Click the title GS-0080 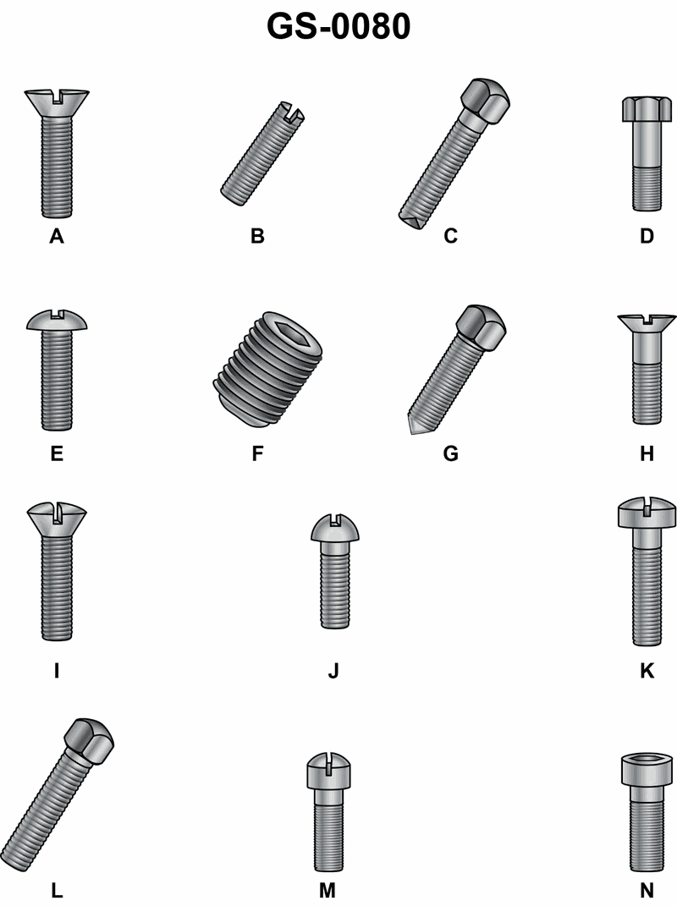tap(338, 26)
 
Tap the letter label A tap(57, 236)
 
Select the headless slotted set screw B tap(262, 153)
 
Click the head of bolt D tap(647, 109)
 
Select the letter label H tap(647, 453)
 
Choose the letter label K tap(647, 671)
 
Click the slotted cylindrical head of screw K tap(647, 513)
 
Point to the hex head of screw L tap(89, 741)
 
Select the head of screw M tap(329, 771)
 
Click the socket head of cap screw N tap(647, 770)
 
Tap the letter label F tap(258, 453)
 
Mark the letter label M tap(327, 891)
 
